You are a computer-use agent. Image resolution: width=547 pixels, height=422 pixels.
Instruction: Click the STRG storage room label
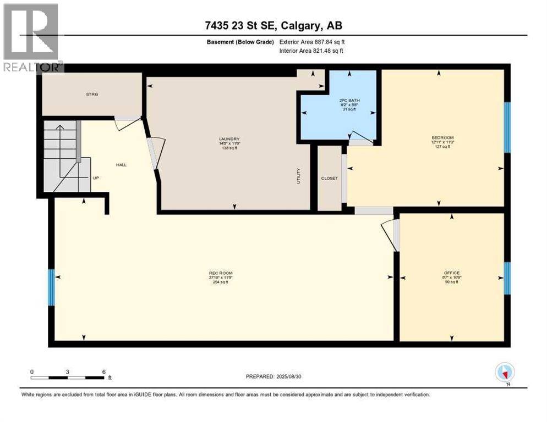click(92, 95)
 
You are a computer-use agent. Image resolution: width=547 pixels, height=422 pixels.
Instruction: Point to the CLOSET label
click(329, 178)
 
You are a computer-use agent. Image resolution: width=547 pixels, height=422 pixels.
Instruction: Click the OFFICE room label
click(451, 273)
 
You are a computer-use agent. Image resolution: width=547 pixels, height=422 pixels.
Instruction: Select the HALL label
click(121, 164)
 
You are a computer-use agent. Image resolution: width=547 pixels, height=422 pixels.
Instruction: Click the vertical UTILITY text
click(299, 175)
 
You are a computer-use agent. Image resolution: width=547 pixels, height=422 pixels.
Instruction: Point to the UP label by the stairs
click(95, 178)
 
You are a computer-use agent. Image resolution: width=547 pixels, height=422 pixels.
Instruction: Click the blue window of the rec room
click(51, 287)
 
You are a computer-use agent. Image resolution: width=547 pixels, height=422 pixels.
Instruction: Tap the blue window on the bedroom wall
click(507, 127)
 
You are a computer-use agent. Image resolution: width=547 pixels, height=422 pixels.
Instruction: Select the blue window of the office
click(507, 277)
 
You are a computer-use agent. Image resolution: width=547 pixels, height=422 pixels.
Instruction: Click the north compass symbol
click(505, 373)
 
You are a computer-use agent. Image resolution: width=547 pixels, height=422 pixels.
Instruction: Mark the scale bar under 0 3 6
click(68, 377)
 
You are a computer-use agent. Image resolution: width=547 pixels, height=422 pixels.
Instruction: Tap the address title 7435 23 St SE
click(273, 26)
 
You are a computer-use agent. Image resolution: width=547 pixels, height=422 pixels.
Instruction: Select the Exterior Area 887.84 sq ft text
click(312, 42)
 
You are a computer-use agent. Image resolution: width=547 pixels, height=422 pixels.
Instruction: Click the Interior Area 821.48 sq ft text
click(312, 51)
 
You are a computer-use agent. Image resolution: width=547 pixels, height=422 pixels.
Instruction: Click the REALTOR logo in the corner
click(32, 37)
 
